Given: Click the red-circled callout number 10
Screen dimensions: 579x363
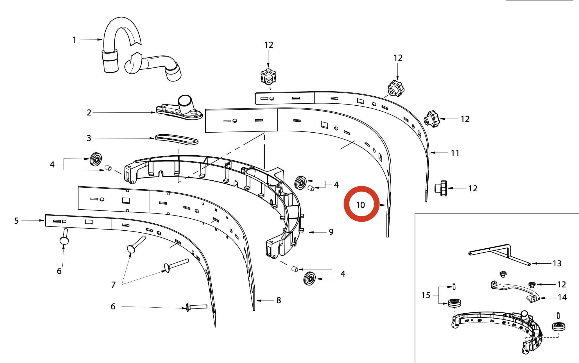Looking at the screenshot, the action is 360,205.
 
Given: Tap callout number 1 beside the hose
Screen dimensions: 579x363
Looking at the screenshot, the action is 74,40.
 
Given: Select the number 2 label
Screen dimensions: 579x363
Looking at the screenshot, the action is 89,113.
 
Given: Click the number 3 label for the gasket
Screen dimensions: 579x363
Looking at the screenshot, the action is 89,138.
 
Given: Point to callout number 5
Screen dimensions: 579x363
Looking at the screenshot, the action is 16,221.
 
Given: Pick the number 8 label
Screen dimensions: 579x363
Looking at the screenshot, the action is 279,300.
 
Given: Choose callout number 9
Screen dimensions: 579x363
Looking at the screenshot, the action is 331,232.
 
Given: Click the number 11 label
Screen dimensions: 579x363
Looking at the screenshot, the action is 455,153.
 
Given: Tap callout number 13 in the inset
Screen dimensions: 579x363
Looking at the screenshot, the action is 557,264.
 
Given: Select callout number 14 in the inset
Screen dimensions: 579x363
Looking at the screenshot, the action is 562,298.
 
